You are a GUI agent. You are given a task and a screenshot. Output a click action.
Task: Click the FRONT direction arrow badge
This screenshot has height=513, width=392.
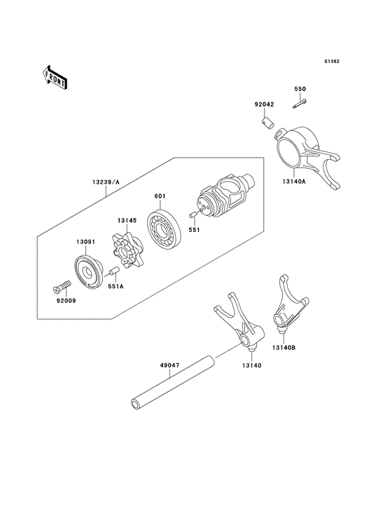(x=55, y=76)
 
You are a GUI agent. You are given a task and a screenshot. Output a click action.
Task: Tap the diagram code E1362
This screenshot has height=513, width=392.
(x=332, y=61)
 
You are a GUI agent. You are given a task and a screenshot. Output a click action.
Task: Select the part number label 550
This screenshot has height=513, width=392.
(x=300, y=90)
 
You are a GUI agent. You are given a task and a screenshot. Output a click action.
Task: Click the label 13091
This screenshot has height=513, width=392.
(x=85, y=242)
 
